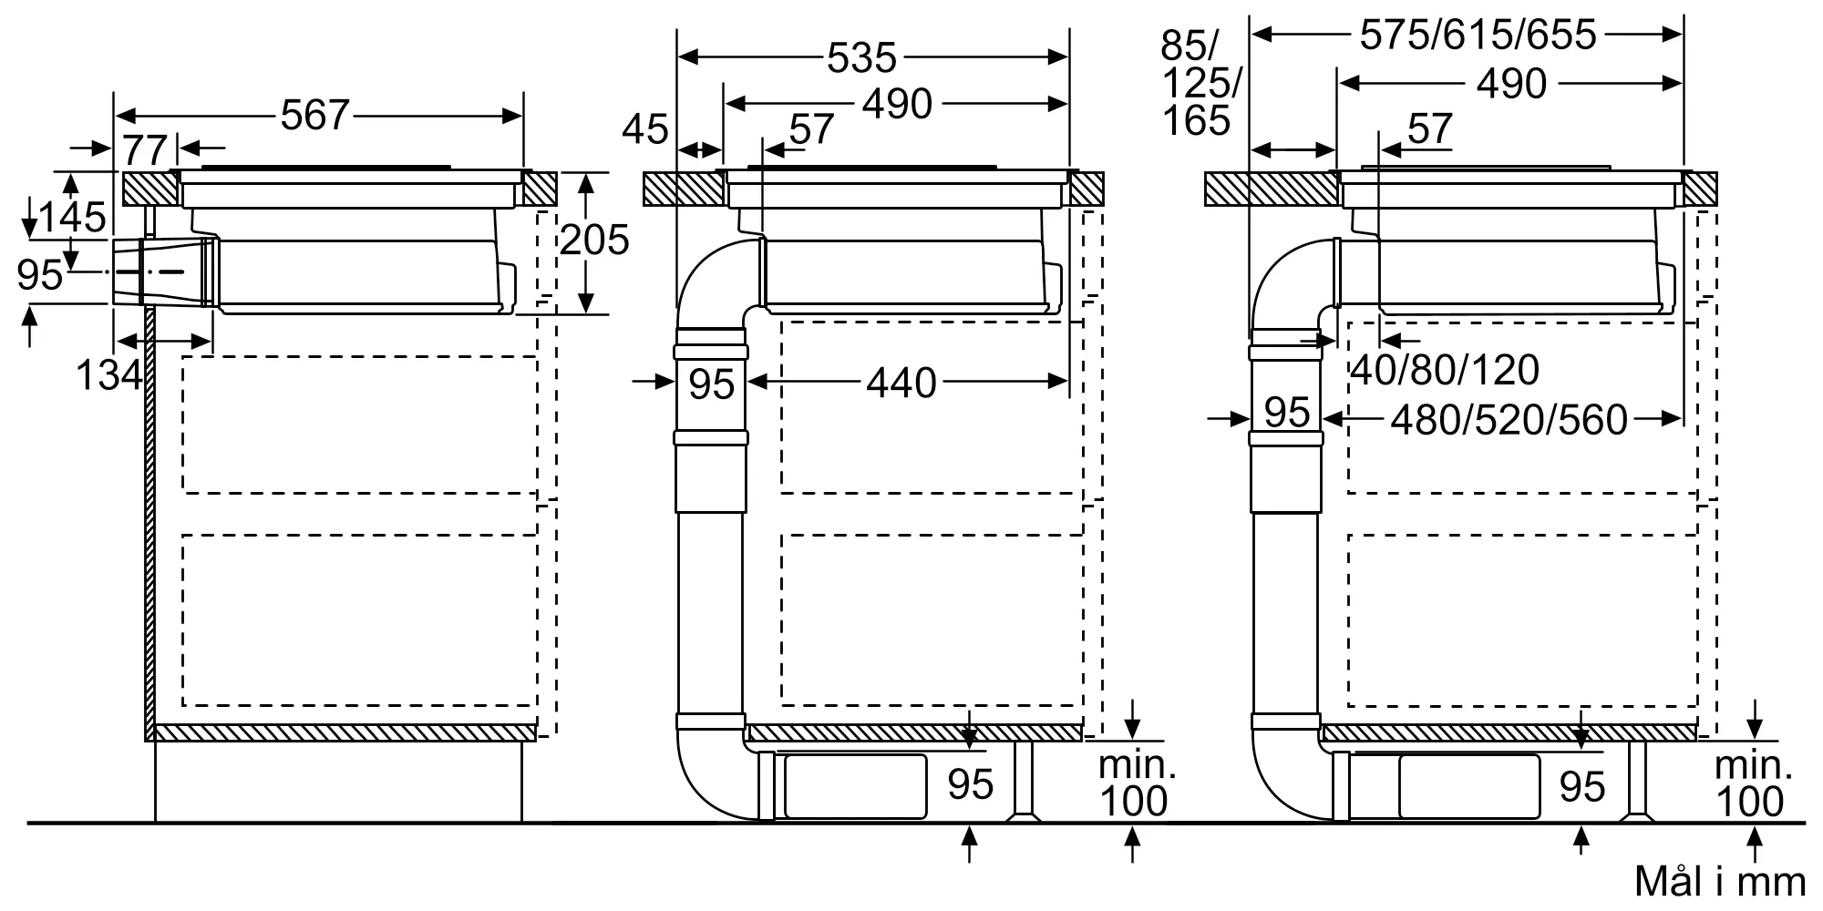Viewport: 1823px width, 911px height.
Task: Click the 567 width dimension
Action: [x=315, y=115]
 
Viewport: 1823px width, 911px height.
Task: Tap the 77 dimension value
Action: [x=145, y=150]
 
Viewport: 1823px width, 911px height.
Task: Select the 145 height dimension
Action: [x=72, y=217]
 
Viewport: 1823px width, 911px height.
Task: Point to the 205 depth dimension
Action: [x=594, y=240]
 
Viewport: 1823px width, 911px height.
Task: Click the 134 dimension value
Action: [x=109, y=375]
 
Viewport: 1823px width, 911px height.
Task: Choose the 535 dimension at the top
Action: [x=862, y=58]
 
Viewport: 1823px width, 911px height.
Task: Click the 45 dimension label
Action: [x=645, y=129]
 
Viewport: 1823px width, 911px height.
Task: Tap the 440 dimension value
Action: [x=901, y=384]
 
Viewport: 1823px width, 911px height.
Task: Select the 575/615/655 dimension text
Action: [x=1478, y=36]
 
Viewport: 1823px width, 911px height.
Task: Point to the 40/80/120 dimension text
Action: [x=1445, y=370]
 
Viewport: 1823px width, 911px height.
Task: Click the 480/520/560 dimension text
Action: [x=1509, y=420]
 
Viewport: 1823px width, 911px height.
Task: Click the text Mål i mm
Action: [x=1720, y=882]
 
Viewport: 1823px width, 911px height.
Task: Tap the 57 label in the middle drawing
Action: [x=811, y=129]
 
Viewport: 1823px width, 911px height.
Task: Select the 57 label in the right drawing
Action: [x=1429, y=129]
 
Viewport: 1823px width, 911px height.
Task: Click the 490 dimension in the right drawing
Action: [x=1512, y=84]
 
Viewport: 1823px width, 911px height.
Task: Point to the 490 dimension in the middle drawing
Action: [x=898, y=104]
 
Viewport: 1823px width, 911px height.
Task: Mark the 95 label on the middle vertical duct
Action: [x=711, y=384]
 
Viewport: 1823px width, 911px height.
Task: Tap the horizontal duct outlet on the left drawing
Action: [x=165, y=271]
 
